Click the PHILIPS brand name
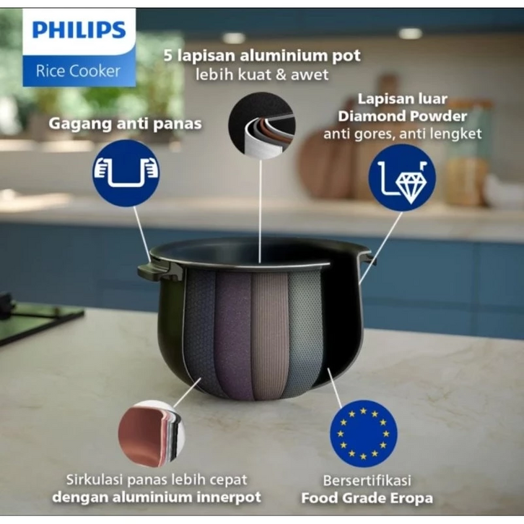coord(79,30)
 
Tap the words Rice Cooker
coord(79,71)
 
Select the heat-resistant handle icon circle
coord(126,173)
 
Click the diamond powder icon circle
coord(402,178)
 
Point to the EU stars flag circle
coord(364,433)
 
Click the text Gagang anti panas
coord(125,123)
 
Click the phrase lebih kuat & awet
coord(261,74)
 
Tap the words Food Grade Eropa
coord(367,497)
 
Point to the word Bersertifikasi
coord(367,480)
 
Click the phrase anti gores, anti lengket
coord(402,134)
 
